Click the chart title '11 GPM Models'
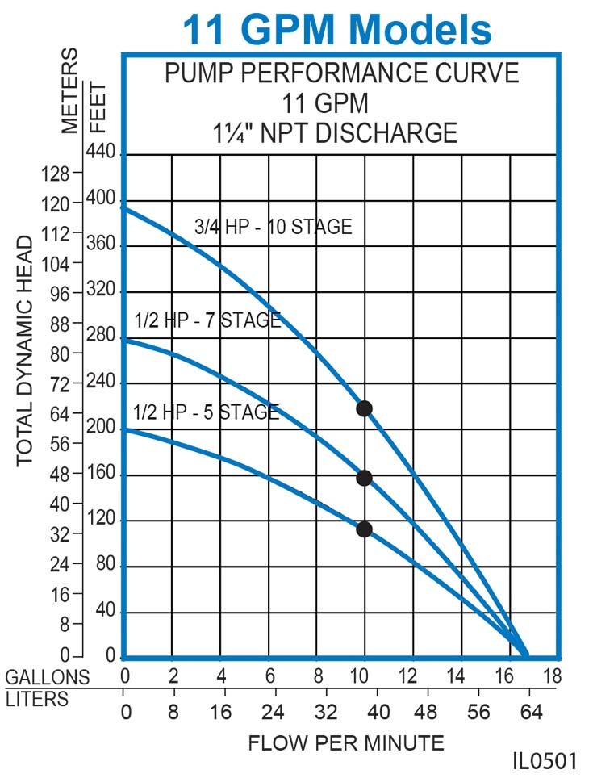(336, 30)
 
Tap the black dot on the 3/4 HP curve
(364, 408)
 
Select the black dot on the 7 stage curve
(364, 478)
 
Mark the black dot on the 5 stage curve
(364, 529)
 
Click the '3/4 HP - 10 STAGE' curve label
(274, 228)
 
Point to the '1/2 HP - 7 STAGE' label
(208, 320)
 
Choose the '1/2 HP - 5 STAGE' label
(207, 412)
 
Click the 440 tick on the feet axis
(107, 153)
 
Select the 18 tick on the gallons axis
(553, 676)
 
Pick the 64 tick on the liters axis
(528, 713)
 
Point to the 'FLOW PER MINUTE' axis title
(345, 742)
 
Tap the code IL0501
(545, 762)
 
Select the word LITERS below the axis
(38, 699)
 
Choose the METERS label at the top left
(71, 90)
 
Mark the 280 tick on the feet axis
(107, 337)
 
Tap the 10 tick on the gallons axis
(364, 676)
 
